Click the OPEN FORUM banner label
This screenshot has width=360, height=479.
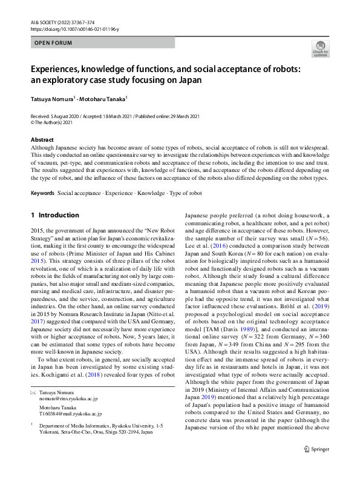coord(53,43)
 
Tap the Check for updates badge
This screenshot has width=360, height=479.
coord(319,50)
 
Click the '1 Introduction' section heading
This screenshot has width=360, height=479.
coord(55,216)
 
